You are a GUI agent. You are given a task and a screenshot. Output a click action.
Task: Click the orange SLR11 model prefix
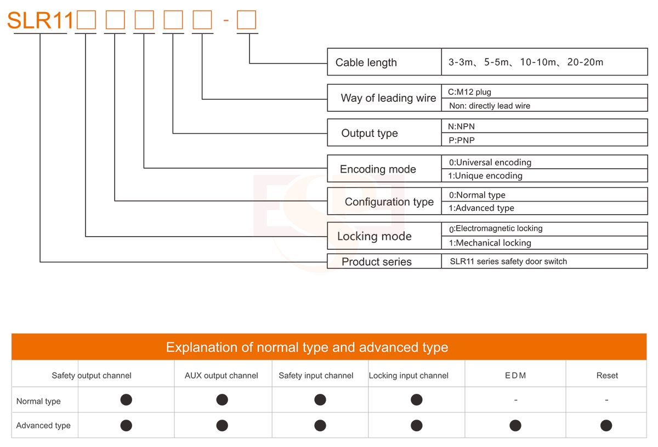coord(40,20)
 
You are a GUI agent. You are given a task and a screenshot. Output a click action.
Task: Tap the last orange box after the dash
coord(246,20)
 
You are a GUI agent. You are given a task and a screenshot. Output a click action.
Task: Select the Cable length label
coord(366,62)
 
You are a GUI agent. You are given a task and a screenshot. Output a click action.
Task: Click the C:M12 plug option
coord(469,92)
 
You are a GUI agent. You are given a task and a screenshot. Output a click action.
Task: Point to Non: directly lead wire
coord(490,106)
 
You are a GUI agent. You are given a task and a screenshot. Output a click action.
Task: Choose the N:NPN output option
coord(461,127)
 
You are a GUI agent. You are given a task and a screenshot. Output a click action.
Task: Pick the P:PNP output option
coord(462,140)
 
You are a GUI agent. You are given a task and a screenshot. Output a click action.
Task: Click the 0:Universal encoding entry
coord(490,162)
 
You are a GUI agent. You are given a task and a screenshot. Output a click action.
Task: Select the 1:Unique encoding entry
coord(485,176)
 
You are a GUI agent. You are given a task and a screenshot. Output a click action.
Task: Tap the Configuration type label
coord(389,202)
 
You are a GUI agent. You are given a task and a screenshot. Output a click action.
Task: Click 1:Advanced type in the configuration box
coord(481,208)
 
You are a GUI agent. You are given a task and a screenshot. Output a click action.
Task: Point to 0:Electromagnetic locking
coord(496,228)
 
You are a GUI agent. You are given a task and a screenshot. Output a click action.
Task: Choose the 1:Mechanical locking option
coord(490,243)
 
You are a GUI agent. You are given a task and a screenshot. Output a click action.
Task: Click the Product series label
coord(377,262)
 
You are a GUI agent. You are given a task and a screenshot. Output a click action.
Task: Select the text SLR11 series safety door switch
coord(508,261)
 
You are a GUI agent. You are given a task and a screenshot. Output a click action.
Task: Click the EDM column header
coord(515,376)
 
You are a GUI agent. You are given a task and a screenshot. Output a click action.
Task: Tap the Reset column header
coord(607,376)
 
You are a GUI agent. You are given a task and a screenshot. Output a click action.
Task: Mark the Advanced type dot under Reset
coord(606,426)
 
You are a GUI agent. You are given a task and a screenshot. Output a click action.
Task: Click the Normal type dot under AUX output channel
coord(222,400)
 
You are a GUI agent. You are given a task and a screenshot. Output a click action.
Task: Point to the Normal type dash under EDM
coord(515,400)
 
